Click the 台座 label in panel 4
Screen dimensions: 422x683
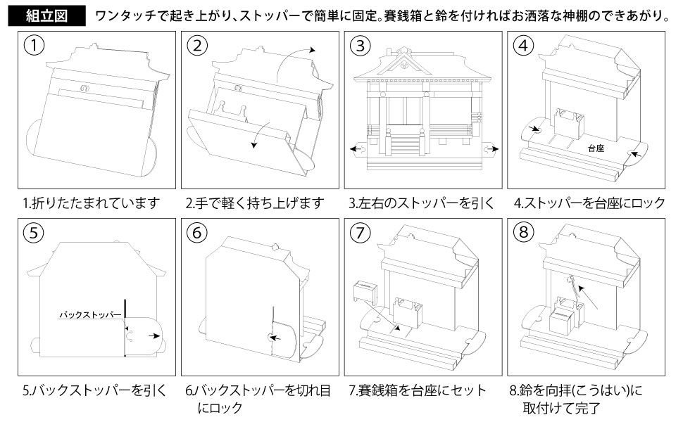pos(596,149)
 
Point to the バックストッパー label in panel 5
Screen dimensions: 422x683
pos(89,314)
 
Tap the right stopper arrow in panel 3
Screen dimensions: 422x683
pos(490,148)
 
